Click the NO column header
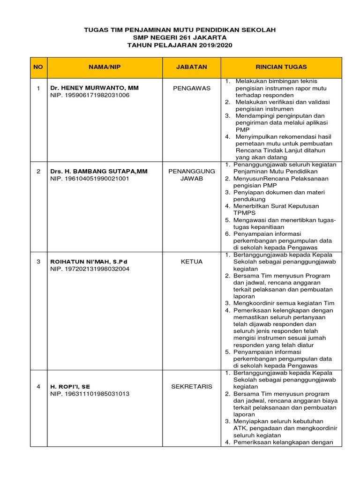[x=38, y=67]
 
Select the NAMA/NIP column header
[x=105, y=67]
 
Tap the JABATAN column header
[x=191, y=67]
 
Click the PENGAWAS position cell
[x=192, y=88]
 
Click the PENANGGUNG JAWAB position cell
[x=192, y=175]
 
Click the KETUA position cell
[x=192, y=262]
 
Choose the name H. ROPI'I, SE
[x=70, y=387]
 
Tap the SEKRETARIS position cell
[x=192, y=387]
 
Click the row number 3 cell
[x=38, y=262]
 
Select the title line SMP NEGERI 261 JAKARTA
[x=180, y=37]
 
